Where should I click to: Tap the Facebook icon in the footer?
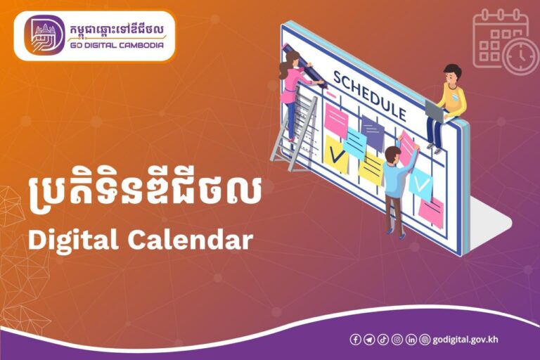[356, 340]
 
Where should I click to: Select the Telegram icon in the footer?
[369, 340]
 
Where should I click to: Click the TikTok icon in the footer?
[383, 340]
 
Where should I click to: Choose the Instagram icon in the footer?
[397, 340]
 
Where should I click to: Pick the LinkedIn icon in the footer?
[411, 340]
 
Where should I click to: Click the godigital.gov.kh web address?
[465, 340]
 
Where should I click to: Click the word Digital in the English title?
[72, 240]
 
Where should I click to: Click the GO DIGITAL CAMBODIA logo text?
[117, 46]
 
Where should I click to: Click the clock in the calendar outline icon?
[520, 56]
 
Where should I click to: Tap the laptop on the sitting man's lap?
[435, 111]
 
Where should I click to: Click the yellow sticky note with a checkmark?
[337, 153]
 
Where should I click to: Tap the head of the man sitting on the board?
[452, 72]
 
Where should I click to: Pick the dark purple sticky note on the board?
[372, 133]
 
